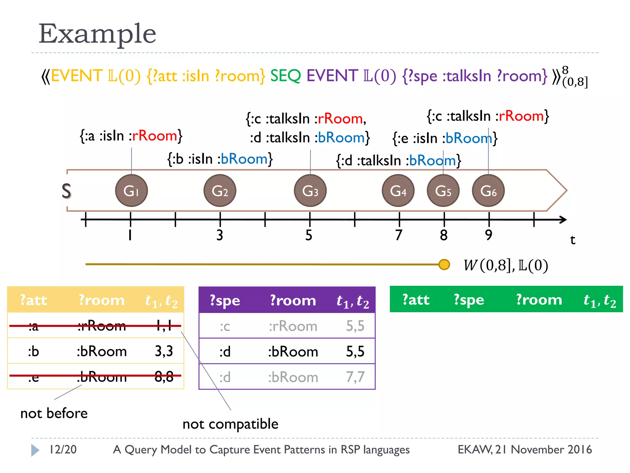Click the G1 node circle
point(131,191)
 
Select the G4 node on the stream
point(398,191)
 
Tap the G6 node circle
point(488,191)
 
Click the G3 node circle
point(310,191)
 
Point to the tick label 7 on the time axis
point(399,235)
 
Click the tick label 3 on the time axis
point(220,235)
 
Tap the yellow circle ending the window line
point(444,264)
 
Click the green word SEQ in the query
point(285,76)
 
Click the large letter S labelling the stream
point(66,191)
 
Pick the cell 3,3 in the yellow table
point(164,351)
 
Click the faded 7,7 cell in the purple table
point(355,377)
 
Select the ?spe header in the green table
point(469,300)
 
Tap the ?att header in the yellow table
point(33,300)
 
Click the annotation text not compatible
point(230,424)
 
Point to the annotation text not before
point(54,413)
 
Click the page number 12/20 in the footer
point(63,450)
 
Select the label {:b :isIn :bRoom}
point(220,159)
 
